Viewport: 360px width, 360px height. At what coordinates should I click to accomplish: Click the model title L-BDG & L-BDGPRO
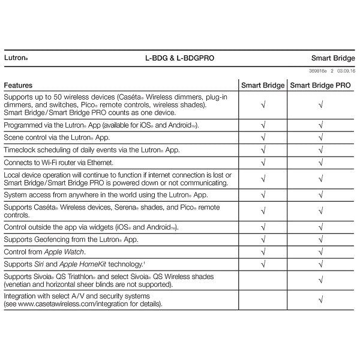tap(179, 59)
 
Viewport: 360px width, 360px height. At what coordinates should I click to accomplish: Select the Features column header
tap(18, 86)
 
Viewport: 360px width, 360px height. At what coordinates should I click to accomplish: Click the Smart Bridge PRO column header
tap(321, 86)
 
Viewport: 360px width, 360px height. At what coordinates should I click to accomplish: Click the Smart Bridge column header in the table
tap(263, 86)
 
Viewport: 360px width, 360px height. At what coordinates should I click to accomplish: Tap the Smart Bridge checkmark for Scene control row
tap(263, 138)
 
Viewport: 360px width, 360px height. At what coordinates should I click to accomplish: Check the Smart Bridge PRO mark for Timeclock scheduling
tap(321, 150)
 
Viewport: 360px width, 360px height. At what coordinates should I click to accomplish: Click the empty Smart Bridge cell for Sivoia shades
tap(263, 280)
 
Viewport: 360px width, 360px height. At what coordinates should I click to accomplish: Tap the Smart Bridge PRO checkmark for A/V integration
tap(321, 300)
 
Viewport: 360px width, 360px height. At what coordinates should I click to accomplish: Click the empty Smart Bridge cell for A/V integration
tap(263, 300)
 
